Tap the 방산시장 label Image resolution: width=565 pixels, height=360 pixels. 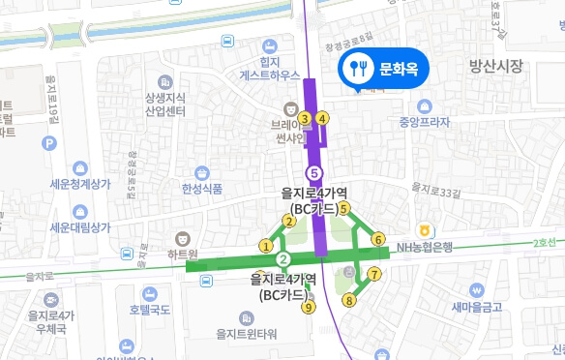coord(495,67)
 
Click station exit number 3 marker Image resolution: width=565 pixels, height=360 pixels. coord(304,119)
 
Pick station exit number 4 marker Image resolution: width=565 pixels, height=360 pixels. coord(323,119)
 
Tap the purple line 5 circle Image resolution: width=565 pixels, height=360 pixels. coord(312,172)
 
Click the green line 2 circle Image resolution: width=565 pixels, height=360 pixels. coord(283,259)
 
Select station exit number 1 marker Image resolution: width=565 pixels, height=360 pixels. coord(265,246)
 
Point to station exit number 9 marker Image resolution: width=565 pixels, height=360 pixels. coord(309,308)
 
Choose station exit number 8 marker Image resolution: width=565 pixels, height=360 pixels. coord(349,300)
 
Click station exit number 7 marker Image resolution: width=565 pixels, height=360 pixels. coord(373,274)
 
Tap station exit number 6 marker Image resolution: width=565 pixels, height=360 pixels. coord(378,239)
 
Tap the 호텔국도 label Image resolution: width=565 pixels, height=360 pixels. coord(150,310)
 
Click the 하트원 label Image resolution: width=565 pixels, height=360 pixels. coord(180,254)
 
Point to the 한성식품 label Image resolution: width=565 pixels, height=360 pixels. coord(202,189)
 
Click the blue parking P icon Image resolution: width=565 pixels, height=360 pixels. coord(49,143)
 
